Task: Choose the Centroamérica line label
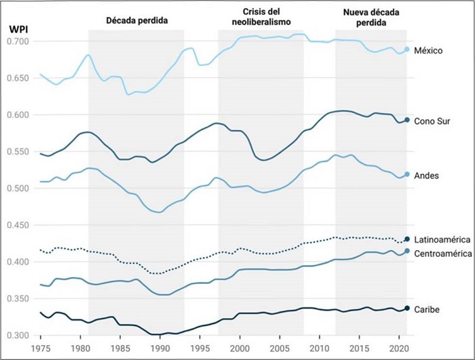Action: [442, 253]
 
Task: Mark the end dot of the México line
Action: [407, 49]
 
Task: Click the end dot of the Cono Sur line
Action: [407, 120]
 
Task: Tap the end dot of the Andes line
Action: [407, 175]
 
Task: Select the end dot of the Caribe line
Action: [407, 308]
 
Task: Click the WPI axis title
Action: [17, 29]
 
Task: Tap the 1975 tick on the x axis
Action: [41, 349]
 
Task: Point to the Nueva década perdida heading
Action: [371, 18]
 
